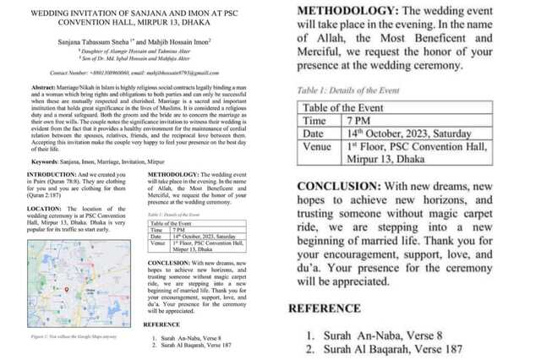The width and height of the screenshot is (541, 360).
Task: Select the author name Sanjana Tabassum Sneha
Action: pos(90,40)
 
